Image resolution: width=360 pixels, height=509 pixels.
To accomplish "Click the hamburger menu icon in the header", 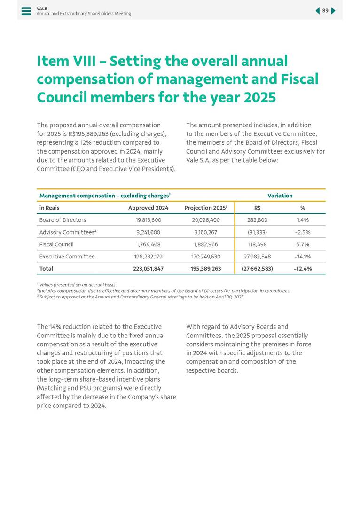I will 26,11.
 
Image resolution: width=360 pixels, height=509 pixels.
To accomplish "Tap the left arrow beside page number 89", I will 317,11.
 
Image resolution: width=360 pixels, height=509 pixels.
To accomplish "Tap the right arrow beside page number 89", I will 333,11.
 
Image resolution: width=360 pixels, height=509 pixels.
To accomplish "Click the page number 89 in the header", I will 325,11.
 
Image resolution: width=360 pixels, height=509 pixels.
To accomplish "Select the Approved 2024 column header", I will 148,208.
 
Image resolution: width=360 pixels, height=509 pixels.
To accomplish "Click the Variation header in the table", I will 280,196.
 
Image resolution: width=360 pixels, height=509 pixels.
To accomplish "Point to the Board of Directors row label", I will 63,220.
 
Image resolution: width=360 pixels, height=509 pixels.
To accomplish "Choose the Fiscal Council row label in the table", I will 56,244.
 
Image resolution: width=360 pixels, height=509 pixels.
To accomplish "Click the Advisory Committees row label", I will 68,232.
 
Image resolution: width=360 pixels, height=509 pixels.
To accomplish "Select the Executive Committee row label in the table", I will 67,257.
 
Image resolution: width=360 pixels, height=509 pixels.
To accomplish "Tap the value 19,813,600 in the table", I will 149,220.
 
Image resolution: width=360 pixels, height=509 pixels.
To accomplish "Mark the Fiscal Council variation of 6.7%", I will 303,244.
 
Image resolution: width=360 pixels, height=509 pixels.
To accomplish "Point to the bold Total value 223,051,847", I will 148,269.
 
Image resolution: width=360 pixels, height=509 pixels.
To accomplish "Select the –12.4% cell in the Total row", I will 302,269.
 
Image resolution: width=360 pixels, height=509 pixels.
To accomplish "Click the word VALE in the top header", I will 42,8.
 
